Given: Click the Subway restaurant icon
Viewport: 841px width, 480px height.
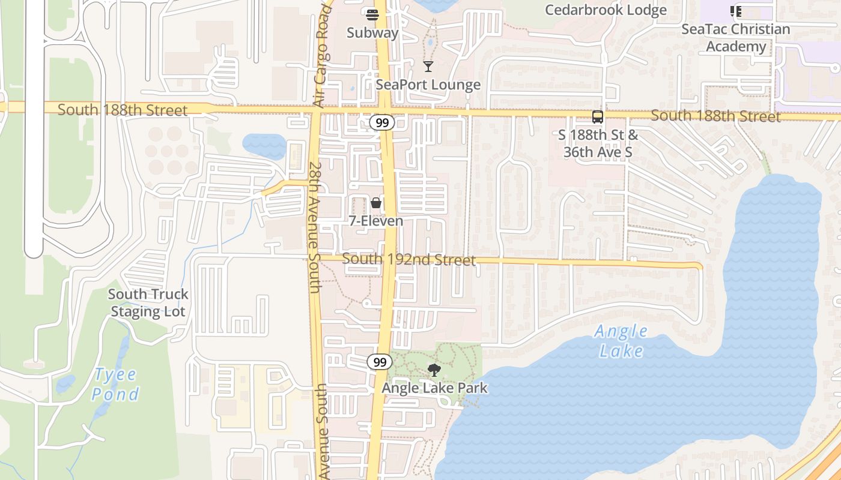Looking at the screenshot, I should [372, 14].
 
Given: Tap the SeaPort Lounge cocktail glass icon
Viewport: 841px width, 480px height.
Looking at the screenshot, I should [428, 66].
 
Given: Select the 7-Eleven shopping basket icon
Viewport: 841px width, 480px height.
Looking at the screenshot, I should [376, 203].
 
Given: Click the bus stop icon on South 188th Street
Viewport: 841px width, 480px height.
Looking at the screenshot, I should [598, 117].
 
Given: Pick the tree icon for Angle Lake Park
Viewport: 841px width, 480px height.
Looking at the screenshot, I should [434, 370].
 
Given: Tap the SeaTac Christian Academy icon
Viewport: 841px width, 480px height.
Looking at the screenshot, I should [736, 11].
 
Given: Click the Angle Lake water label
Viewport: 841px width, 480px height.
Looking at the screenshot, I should [621, 341].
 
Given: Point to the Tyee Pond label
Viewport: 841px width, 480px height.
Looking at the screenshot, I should [115, 384].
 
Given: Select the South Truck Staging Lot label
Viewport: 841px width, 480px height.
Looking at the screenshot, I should [148, 303].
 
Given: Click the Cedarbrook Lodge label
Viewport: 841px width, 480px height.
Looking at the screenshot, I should [606, 10].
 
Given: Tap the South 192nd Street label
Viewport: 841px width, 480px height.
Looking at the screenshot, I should [408, 260].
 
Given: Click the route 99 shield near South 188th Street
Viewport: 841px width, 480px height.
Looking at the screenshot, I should [381, 122].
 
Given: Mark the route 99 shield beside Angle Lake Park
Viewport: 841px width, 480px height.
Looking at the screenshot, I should [380, 362].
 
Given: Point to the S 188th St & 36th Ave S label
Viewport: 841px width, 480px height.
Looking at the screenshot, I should [598, 143].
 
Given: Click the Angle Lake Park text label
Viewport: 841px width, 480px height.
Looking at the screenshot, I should [435, 388].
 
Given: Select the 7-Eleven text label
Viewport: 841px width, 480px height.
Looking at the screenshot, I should [376, 221].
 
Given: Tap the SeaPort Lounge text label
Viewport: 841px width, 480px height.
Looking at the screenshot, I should [428, 85].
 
